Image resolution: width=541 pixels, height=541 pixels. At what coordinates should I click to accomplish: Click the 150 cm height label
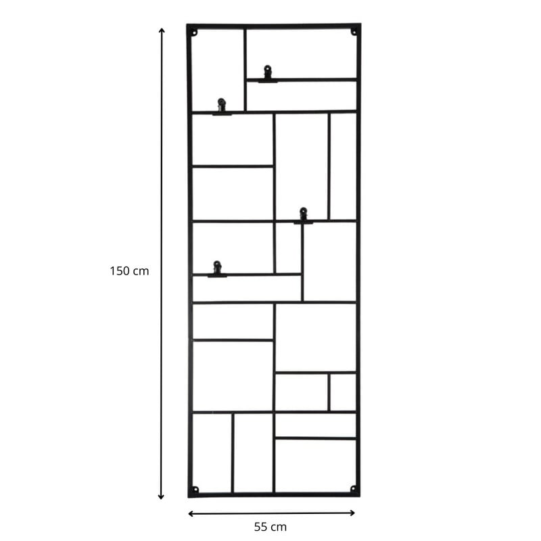pyautogui.click(x=129, y=271)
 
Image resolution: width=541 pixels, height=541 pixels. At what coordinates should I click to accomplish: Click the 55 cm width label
pyautogui.click(x=270, y=527)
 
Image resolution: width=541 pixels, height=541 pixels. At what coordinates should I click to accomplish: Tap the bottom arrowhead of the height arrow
pyautogui.click(x=161, y=497)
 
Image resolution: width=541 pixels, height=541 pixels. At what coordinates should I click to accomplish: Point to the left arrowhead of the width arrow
pyautogui.click(x=191, y=514)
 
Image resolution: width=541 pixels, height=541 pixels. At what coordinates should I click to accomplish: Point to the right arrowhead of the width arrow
pyautogui.click(x=352, y=513)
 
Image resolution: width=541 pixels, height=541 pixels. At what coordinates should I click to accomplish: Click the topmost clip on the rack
pyautogui.click(x=268, y=74)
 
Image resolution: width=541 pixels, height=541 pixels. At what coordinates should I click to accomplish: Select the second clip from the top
pyautogui.click(x=222, y=107)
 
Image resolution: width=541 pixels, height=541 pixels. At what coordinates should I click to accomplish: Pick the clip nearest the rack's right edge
pyautogui.click(x=303, y=216)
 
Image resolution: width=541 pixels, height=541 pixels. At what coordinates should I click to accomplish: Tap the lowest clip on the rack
pyautogui.click(x=217, y=269)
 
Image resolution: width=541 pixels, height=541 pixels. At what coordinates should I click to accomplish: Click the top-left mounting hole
pyautogui.click(x=194, y=33)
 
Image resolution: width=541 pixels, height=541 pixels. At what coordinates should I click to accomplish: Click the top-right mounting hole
pyautogui.click(x=354, y=32)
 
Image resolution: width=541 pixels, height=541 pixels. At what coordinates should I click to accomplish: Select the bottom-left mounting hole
pyautogui.click(x=195, y=489)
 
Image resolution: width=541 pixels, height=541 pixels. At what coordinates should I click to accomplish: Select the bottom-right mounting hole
pyautogui.click(x=353, y=488)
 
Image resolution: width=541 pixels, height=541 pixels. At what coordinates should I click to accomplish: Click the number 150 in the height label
pyautogui.click(x=120, y=271)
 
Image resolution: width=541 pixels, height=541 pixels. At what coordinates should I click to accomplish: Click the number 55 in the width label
pyautogui.click(x=260, y=527)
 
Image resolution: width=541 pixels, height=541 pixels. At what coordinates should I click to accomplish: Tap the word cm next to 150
pyautogui.click(x=141, y=271)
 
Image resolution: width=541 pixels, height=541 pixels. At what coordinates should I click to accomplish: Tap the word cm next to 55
pyautogui.click(x=278, y=527)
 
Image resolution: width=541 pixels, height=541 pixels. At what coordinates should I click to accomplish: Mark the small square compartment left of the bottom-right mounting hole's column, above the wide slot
pyautogui.click(x=343, y=392)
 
